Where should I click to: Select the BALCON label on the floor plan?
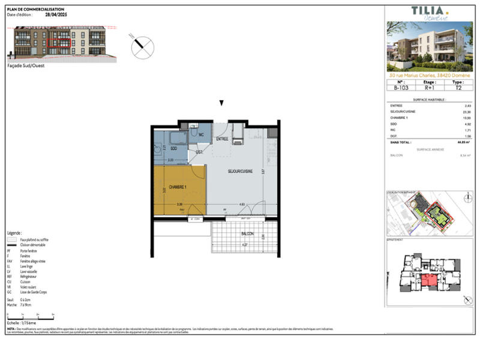click(x=247, y=234)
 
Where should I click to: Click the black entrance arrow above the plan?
click(x=221, y=103)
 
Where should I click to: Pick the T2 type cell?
click(x=459, y=88)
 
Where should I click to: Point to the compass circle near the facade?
click(x=142, y=45)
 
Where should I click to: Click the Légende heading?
click(x=15, y=232)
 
